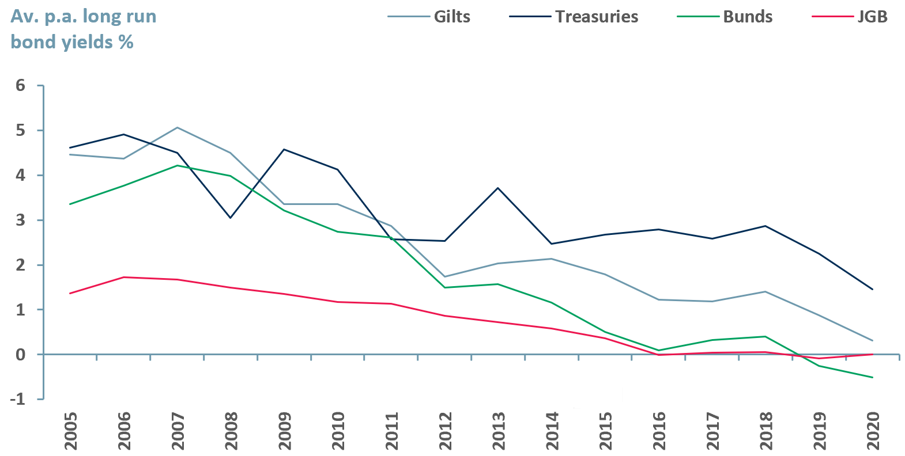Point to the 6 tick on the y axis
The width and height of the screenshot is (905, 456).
pyautogui.click(x=21, y=86)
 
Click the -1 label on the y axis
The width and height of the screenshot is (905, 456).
pyautogui.click(x=18, y=399)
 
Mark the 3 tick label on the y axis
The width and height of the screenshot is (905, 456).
pyautogui.click(x=21, y=220)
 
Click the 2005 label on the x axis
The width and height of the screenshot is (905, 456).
pyautogui.click(x=70, y=431)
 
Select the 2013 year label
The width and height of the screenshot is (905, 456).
pyautogui.click(x=499, y=431)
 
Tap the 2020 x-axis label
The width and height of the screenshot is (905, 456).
pyautogui.click(x=873, y=431)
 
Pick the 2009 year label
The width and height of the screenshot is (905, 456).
pyautogui.click(x=284, y=431)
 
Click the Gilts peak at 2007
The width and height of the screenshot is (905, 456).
pyautogui.click(x=177, y=127)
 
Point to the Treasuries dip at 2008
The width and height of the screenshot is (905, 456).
pyautogui.click(x=231, y=218)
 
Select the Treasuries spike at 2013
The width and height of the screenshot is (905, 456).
pyautogui.click(x=498, y=188)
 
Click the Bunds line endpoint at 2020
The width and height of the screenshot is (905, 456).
pyautogui.click(x=872, y=377)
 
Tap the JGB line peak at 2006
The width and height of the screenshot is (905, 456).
pyautogui.click(x=123, y=277)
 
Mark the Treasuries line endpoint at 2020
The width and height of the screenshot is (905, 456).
pyautogui.click(x=872, y=289)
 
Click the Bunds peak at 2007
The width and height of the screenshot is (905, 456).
pyautogui.click(x=177, y=165)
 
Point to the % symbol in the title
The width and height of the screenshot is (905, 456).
pyautogui.click(x=126, y=42)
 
